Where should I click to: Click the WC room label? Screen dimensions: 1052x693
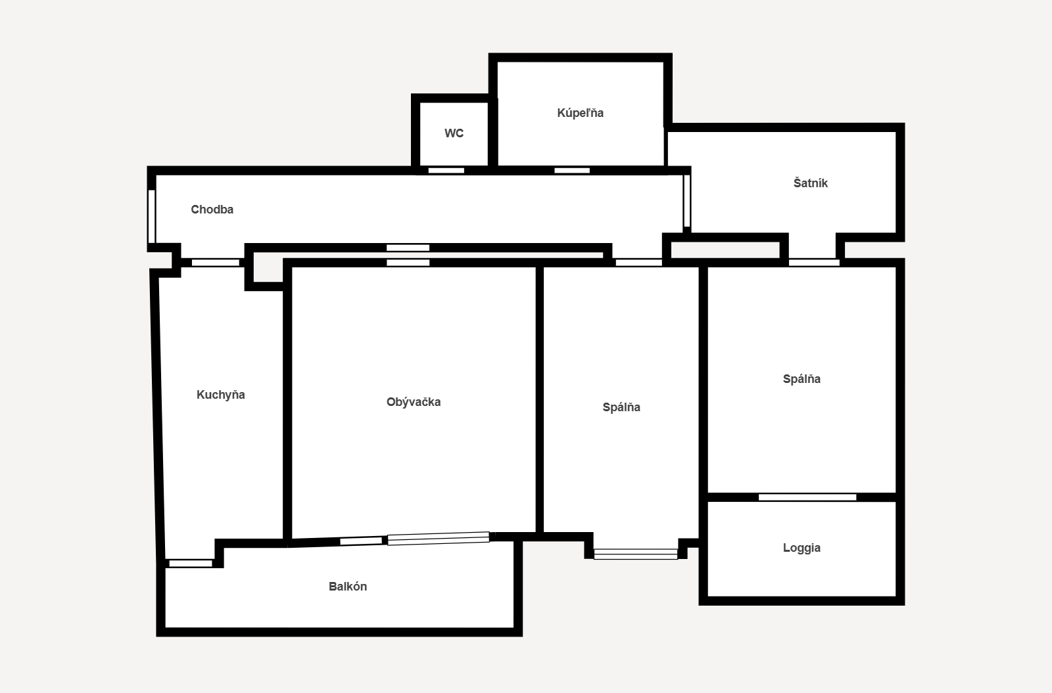click(454, 133)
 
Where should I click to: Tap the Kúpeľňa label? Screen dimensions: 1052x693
click(580, 113)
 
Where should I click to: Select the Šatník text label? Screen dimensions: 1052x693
click(810, 183)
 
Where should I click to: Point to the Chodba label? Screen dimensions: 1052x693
click(212, 210)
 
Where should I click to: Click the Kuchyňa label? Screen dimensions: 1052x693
click(220, 395)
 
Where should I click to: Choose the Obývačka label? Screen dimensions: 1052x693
click(414, 402)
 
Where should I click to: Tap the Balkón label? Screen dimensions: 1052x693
click(348, 587)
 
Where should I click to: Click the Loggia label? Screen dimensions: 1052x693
click(801, 548)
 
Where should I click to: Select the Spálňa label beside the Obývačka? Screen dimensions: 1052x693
click(621, 407)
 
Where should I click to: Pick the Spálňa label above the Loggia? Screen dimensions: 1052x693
click(801, 379)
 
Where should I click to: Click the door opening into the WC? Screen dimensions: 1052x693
click(446, 171)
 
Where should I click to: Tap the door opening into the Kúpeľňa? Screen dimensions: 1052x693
click(572, 171)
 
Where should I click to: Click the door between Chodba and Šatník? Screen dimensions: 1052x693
click(686, 201)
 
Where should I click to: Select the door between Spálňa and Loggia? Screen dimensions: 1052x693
click(807, 497)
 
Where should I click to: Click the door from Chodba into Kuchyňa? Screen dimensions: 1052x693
click(216, 263)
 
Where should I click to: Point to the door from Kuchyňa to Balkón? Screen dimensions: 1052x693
click(191, 563)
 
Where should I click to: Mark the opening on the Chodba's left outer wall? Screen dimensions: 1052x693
click(152, 216)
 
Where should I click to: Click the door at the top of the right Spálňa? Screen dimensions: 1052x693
click(814, 263)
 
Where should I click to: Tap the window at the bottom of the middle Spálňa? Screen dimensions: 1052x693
click(635, 554)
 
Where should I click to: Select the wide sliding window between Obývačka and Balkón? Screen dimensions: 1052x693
click(438, 538)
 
